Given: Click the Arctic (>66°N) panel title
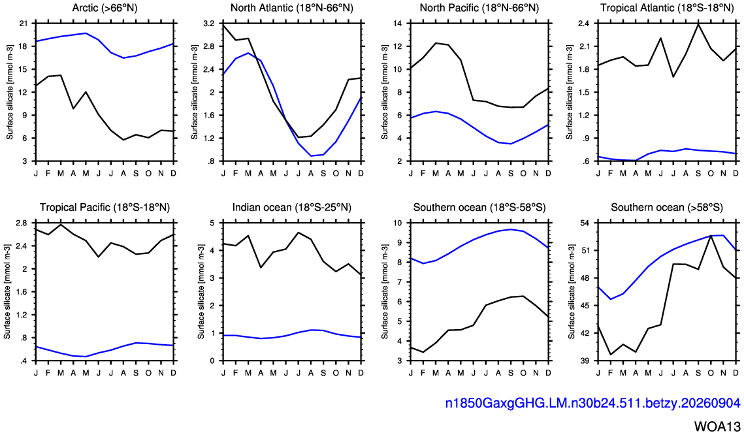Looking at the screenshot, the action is tap(105, 8).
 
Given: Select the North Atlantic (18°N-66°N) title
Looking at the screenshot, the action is tap(292, 8).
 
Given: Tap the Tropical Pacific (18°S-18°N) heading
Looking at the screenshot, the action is tap(105, 207).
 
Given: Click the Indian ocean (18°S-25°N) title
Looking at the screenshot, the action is tap(292, 207).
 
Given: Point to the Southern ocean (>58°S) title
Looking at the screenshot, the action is tap(667, 207).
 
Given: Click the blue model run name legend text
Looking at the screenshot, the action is tap(592, 403).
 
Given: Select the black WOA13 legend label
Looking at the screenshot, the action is tap(717, 425).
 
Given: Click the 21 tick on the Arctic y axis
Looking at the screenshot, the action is tap(24, 24).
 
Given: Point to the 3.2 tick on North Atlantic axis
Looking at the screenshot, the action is tap(209, 24).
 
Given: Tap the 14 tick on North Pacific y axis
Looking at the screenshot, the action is tap(398, 24).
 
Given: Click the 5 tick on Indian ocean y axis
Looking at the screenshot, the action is tap(212, 223).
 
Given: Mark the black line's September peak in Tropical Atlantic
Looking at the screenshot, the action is tap(698, 24).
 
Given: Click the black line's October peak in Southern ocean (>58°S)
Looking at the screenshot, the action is tap(711, 236).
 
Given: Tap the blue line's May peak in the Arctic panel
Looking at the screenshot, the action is tap(86, 33).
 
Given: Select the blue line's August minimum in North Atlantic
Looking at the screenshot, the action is tap(312, 155).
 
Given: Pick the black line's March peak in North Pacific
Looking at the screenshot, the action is tap(436, 43).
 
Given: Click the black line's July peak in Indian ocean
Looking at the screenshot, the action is tap(299, 233).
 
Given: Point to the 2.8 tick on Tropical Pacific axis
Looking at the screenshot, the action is tap(23, 223).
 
